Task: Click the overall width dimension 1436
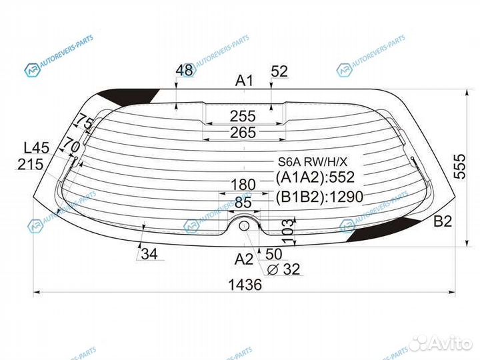pyautogui.click(x=245, y=285)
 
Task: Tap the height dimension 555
pyautogui.click(x=459, y=167)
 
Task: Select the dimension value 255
pyautogui.click(x=243, y=116)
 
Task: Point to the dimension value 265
pyautogui.click(x=243, y=133)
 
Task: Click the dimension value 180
pyautogui.click(x=243, y=185)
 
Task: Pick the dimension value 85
pyautogui.click(x=243, y=203)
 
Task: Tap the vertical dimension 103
pyautogui.click(x=287, y=231)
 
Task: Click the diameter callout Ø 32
pyautogui.click(x=283, y=269)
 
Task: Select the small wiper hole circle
pyautogui.click(x=244, y=226)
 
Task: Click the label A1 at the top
pyautogui.click(x=244, y=81)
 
